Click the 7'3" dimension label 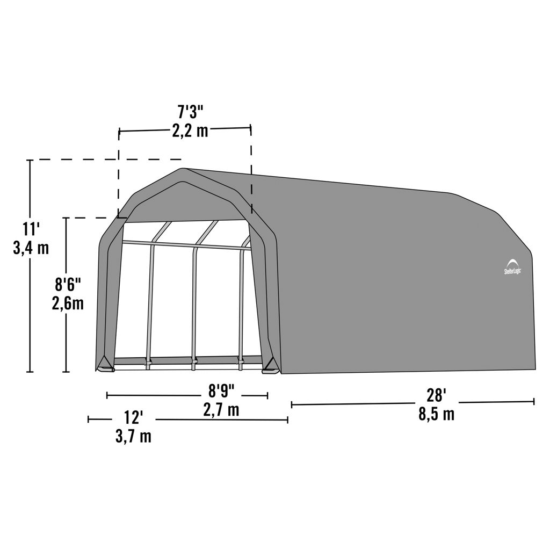tap(190, 112)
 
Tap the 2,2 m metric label tap(190, 131)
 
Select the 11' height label tap(31, 229)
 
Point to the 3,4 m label tap(31, 248)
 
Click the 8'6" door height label tap(68, 284)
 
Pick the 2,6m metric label tap(68, 303)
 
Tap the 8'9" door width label tap(221, 391)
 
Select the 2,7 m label tap(221, 410)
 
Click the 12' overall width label tap(134, 418)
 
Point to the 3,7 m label tap(134, 437)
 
